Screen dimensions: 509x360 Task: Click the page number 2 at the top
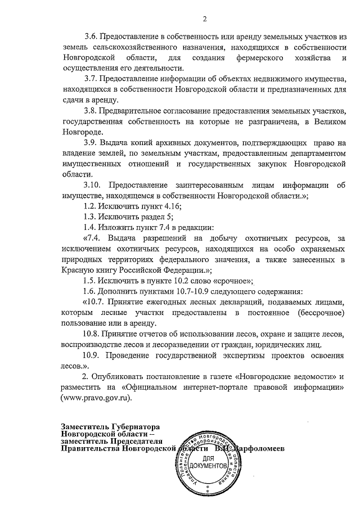tap(205, 19)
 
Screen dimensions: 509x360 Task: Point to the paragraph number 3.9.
tap(91, 143)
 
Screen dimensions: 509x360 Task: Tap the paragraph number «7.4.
tap(93, 238)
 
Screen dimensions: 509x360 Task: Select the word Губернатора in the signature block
tap(136, 426)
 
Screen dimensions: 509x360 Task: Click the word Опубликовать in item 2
tap(119, 376)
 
